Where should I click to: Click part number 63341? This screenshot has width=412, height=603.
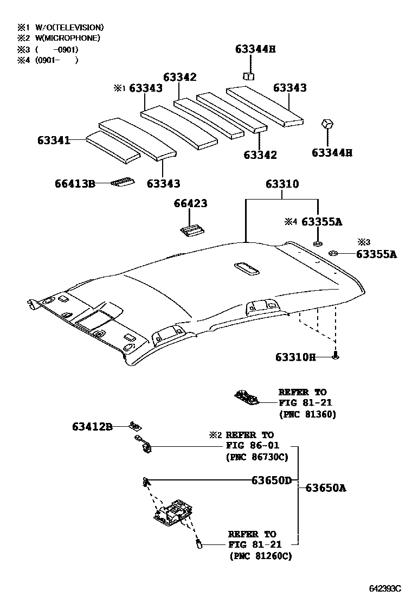tap(54, 140)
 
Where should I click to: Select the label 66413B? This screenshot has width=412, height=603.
tap(75, 184)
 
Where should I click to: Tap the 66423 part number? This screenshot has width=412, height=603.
tap(190, 204)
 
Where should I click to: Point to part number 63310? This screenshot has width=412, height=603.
tap(282, 184)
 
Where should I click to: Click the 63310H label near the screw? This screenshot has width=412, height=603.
tap(295, 357)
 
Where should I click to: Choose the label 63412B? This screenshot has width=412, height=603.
tap(92, 427)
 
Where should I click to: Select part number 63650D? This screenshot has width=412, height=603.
tap(271, 480)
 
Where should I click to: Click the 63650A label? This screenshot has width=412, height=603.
tap(326, 487)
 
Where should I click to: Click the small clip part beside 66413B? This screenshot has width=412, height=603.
tap(122, 183)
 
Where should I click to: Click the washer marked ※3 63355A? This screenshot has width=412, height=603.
tap(334, 252)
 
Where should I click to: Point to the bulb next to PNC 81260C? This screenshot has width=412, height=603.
tap(199, 542)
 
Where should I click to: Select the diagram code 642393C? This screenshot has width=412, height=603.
tap(385, 588)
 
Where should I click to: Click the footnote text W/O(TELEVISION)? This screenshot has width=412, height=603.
tap(69, 27)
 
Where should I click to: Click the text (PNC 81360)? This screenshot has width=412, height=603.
tap(307, 414)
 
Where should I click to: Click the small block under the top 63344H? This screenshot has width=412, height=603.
tap(249, 76)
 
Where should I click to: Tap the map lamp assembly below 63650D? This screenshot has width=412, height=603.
tap(173, 512)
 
